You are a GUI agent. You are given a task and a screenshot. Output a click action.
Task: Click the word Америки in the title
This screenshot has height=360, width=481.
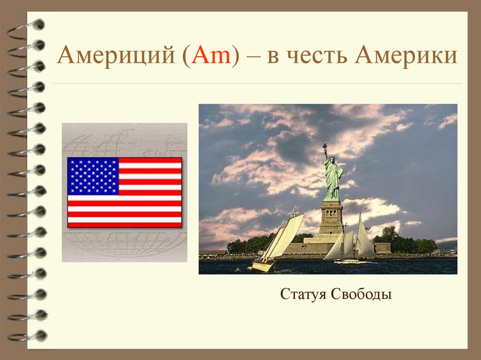click(x=406, y=57)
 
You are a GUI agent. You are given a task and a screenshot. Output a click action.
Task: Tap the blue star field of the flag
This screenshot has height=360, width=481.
click(x=93, y=176)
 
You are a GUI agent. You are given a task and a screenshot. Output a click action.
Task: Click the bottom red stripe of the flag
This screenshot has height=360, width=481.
click(x=124, y=225)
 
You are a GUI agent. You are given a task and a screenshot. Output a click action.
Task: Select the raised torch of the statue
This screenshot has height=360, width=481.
click(x=324, y=146)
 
